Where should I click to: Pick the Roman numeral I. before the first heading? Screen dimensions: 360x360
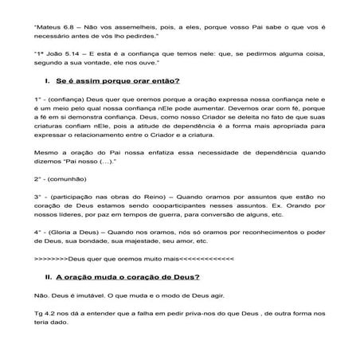pyautogui.click(x=49, y=81)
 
